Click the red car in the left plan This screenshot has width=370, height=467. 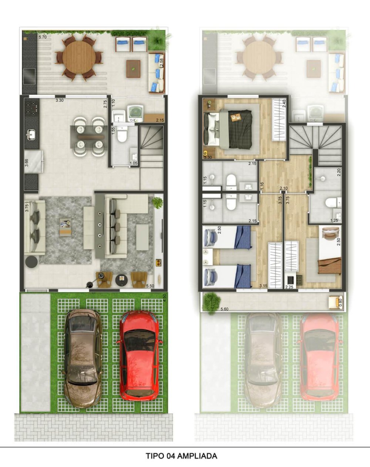tap(139, 357)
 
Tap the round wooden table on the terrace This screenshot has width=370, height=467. tap(79, 57)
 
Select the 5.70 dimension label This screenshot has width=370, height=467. tap(43, 37)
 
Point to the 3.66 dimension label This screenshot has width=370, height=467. tap(27, 163)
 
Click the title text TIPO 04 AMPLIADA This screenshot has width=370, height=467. tap(181, 456)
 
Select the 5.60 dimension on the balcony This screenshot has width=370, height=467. tap(224, 309)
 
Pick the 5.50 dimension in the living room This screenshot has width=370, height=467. tap(150, 286)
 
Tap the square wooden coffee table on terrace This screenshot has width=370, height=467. tap(134, 69)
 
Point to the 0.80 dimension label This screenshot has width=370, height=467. tap(340, 303)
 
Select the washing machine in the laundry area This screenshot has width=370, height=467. tap(135, 114)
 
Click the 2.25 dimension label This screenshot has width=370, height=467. tap(289, 287)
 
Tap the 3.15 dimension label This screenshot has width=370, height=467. tap(263, 286)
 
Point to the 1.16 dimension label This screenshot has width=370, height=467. tap(262, 186)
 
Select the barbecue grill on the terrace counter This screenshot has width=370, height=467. tap(29, 76)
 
